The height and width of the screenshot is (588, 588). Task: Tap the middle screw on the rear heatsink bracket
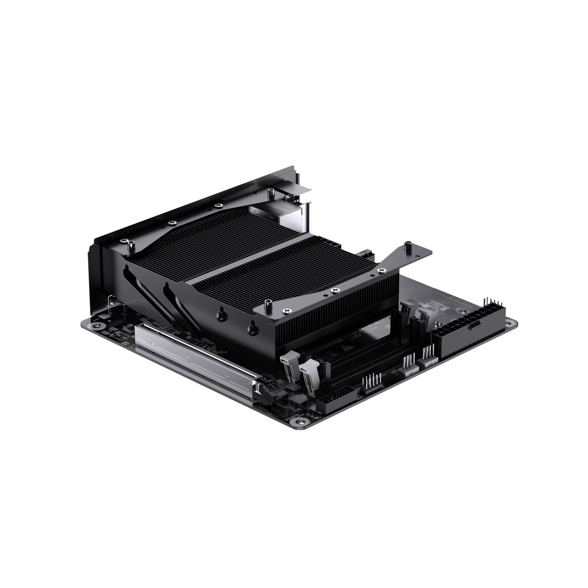172,223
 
